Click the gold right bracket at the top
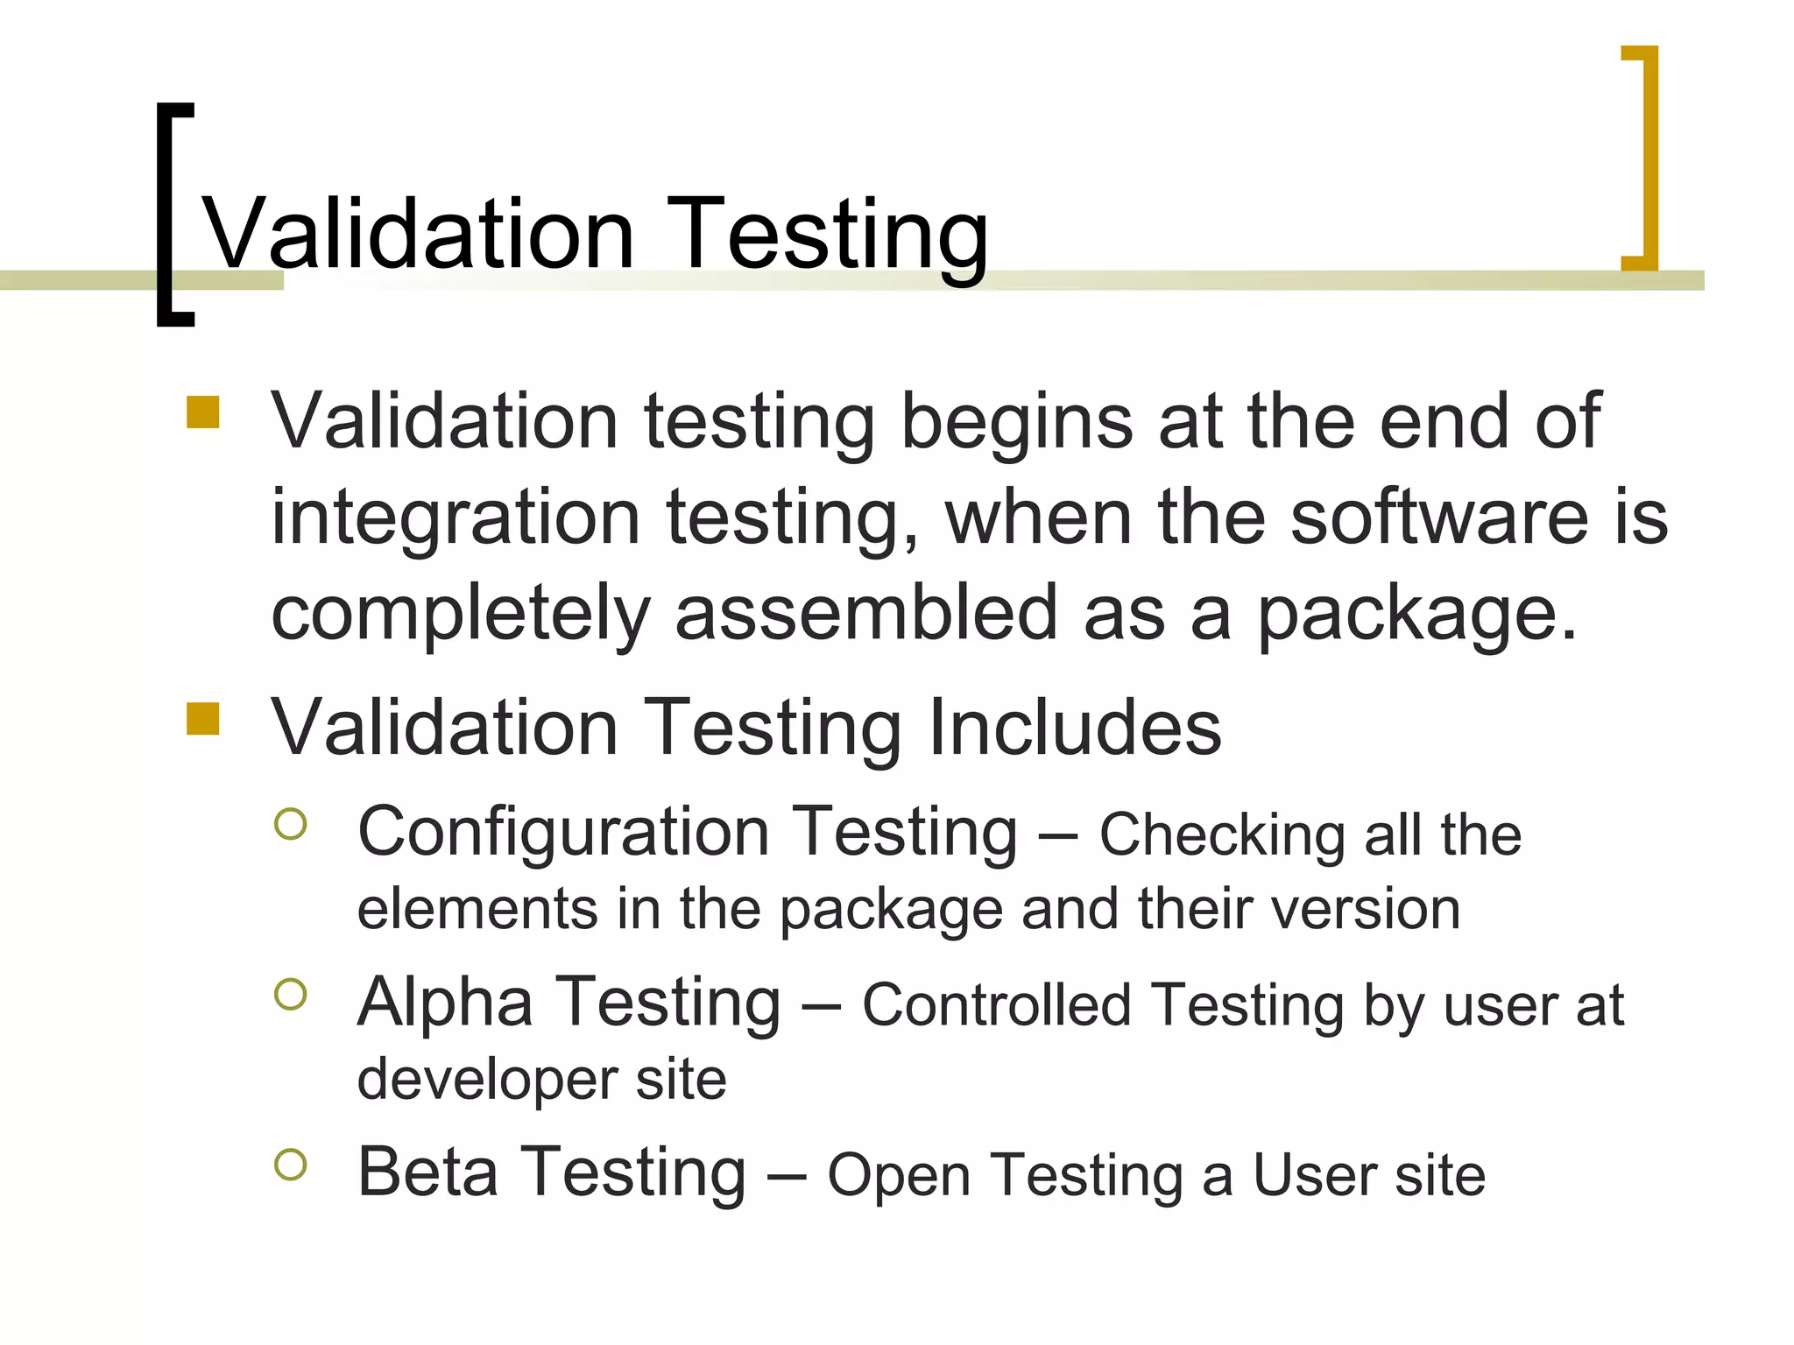coord(1647,158)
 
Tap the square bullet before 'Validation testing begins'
coord(202,412)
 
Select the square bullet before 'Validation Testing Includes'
coord(202,718)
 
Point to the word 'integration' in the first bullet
coord(456,518)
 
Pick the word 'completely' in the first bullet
coord(461,615)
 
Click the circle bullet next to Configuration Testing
coord(291,824)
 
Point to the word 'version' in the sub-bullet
coord(1366,909)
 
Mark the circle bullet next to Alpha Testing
coord(291,994)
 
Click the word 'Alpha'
coord(445,1002)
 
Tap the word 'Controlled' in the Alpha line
coord(996,1004)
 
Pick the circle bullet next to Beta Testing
coord(291,1165)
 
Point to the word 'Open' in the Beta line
coord(899,1176)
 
